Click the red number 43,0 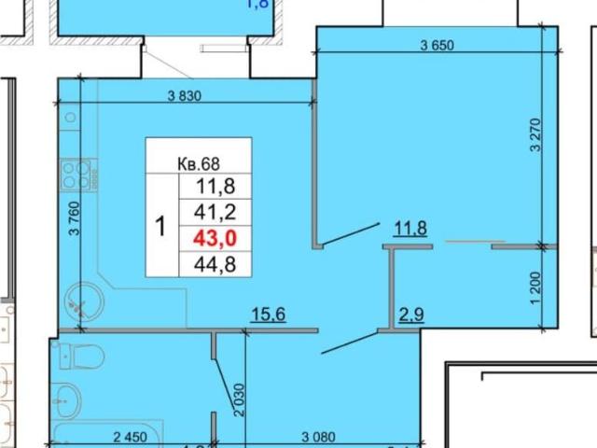coord(215,238)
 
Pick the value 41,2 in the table coord(215,214)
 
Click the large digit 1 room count coord(160,226)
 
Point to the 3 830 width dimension coord(185,95)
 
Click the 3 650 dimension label coord(437,46)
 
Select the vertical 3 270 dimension coord(535,133)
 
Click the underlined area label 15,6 coord(268,316)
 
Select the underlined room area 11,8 coord(410,227)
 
